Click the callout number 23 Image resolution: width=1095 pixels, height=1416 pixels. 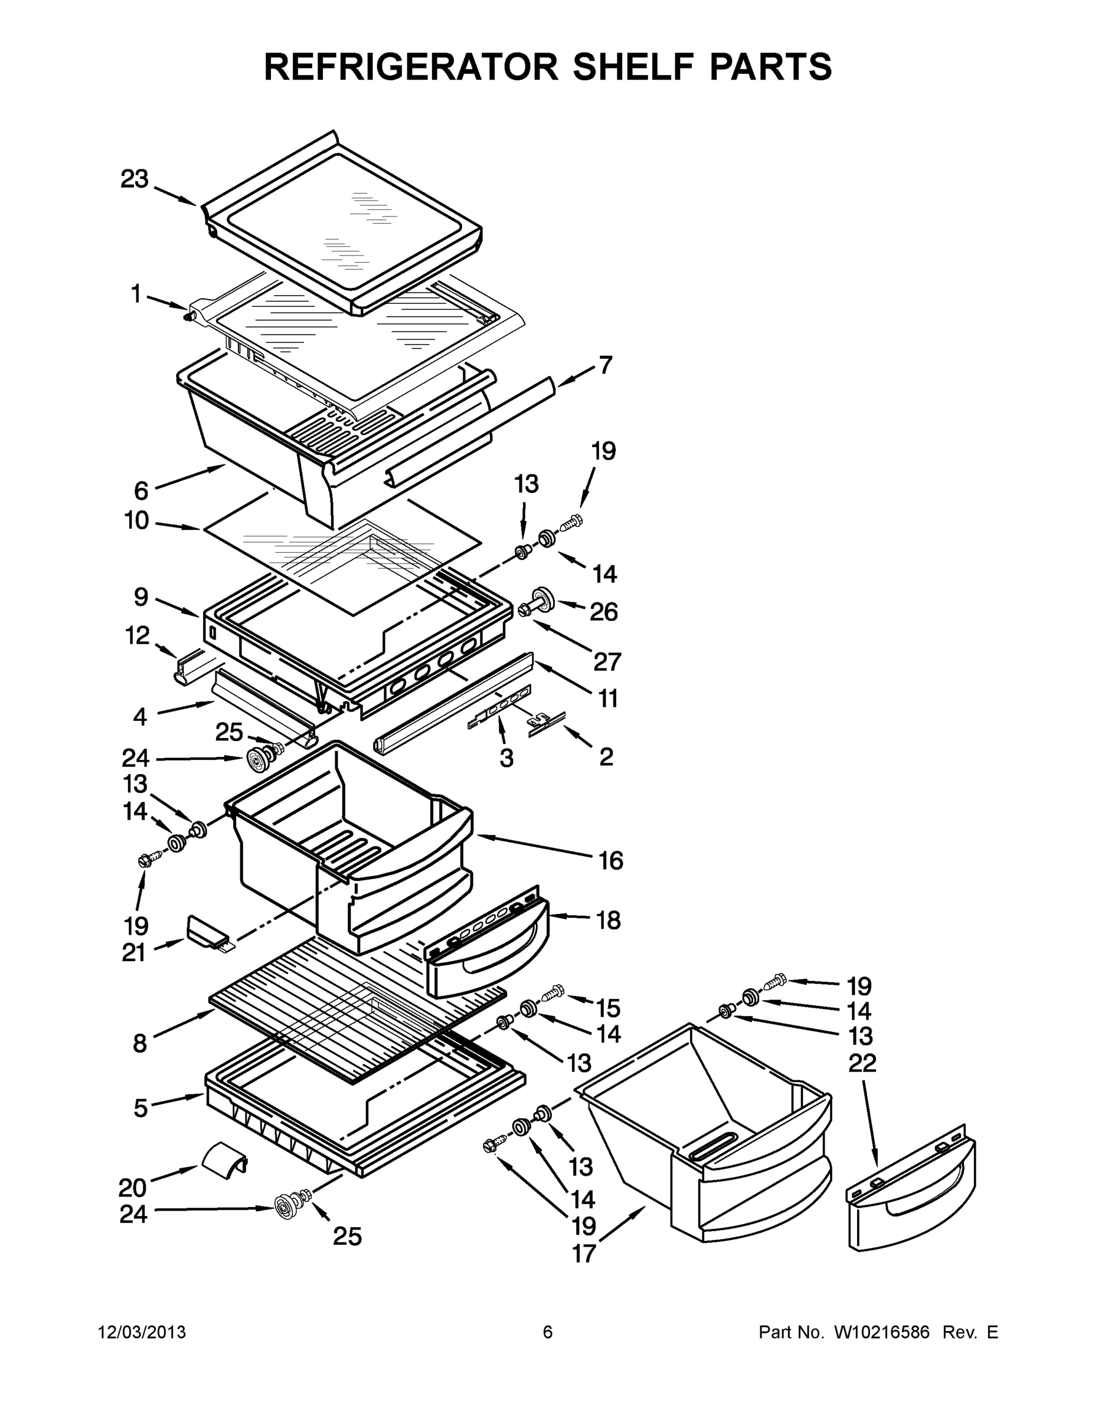point(134,179)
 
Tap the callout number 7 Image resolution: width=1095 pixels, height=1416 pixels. point(604,365)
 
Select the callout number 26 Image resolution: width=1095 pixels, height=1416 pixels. point(603,611)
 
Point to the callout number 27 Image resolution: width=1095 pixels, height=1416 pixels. point(607,661)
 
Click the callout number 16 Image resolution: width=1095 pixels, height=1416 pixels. point(610,860)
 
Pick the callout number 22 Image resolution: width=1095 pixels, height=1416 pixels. point(862,1063)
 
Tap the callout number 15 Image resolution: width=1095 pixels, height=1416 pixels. point(608,1008)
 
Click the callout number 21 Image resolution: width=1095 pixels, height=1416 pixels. point(133,952)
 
